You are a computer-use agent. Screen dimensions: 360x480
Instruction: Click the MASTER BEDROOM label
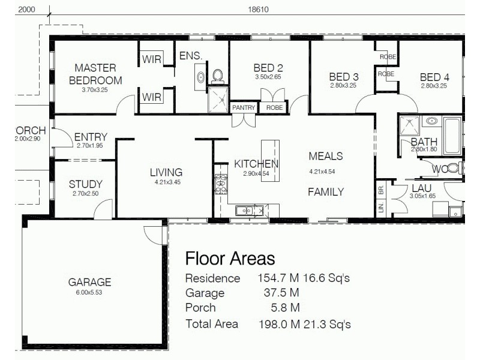[x=95, y=74]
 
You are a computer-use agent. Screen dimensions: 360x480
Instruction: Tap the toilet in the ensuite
[x=217, y=75]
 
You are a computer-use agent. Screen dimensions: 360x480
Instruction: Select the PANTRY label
[x=244, y=108]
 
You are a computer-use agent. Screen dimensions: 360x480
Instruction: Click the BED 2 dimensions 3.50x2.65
[x=268, y=77]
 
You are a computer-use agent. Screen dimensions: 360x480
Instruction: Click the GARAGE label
[x=89, y=282]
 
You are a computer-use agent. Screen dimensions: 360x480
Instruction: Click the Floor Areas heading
[x=230, y=259]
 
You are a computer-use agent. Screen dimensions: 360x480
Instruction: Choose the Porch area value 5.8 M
[x=285, y=308]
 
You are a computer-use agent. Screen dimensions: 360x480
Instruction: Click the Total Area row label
[x=211, y=324]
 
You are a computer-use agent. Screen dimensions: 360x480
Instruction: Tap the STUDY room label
[x=85, y=184]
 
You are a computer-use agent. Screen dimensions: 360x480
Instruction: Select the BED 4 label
[x=434, y=77]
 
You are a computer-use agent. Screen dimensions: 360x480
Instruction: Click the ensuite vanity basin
[x=200, y=76]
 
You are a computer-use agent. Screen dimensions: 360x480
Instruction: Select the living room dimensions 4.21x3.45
[x=166, y=181]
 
